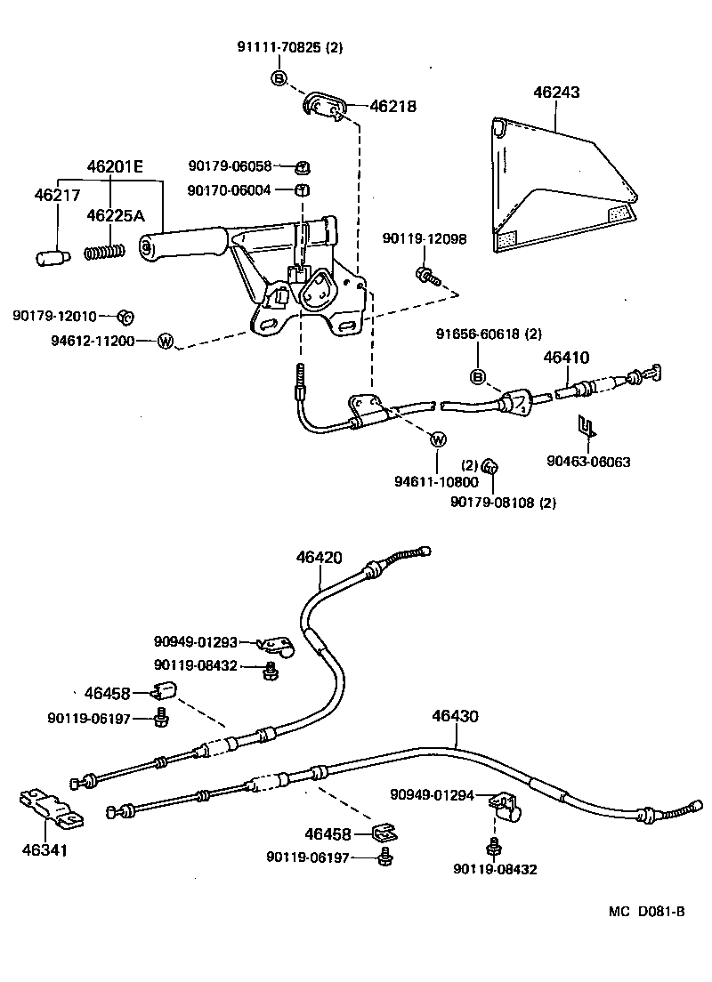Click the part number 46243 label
click(x=556, y=93)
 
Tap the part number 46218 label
click(x=392, y=107)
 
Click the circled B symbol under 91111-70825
click(x=279, y=78)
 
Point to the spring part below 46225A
click(x=102, y=252)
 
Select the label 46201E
click(x=113, y=166)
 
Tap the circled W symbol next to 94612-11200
click(x=165, y=341)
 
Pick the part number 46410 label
click(x=566, y=358)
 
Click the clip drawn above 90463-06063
click(x=587, y=427)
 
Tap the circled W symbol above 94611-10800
click(x=437, y=439)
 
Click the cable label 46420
click(x=319, y=558)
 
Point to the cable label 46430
click(x=456, y=714)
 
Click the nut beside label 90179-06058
click(x=302, y=166)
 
